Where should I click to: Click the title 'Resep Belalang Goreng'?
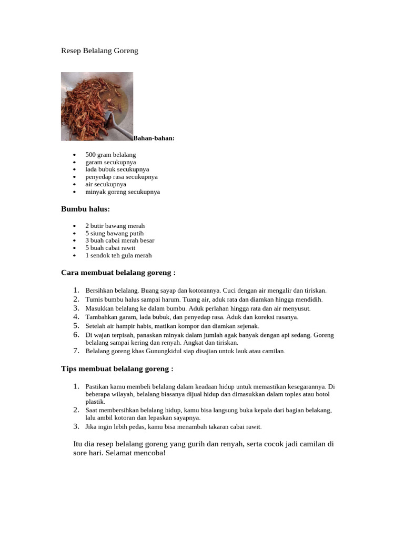click(99, 51)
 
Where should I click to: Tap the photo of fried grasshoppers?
click(97, 106)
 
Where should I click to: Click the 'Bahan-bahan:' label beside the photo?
click(154, 138)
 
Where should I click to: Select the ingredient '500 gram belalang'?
click(110, 155)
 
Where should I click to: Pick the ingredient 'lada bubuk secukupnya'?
click(117, 169)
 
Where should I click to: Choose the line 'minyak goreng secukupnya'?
click(123, 192)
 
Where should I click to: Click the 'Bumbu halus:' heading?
click(85, 209)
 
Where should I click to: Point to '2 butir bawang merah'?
click(115, 226)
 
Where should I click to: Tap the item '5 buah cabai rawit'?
click(110, 248)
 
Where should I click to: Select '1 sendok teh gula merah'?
click(118, 255)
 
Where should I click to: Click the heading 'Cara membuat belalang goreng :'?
click(118, 273)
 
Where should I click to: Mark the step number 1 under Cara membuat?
click(76, 290)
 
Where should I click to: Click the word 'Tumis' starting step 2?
click(93, 300)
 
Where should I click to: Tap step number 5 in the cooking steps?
click(76, 326)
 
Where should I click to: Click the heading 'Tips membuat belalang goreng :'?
click(117, 369)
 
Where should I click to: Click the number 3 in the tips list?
click(76, 426)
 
